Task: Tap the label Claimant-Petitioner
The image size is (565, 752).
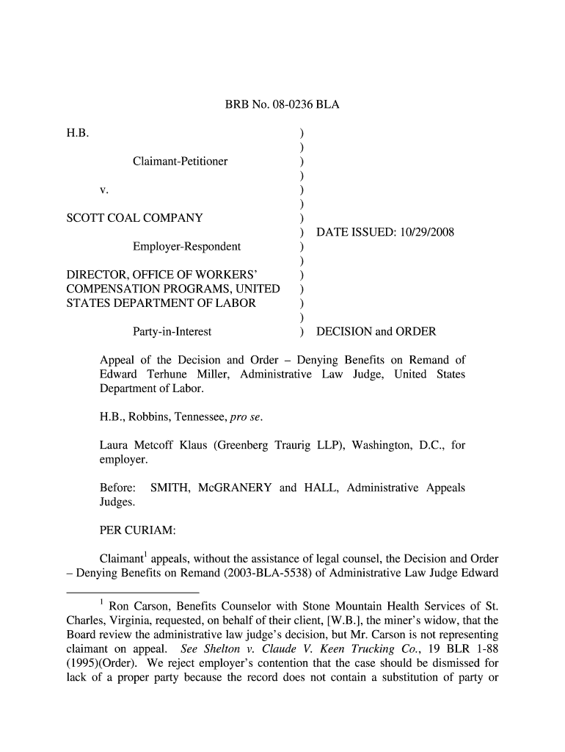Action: [x=180, y=161]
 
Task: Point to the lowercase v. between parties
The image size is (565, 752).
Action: [x=104, y=189]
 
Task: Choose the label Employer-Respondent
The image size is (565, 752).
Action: [x=186, y=246]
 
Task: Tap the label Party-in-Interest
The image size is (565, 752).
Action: [x=172, y=332]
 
